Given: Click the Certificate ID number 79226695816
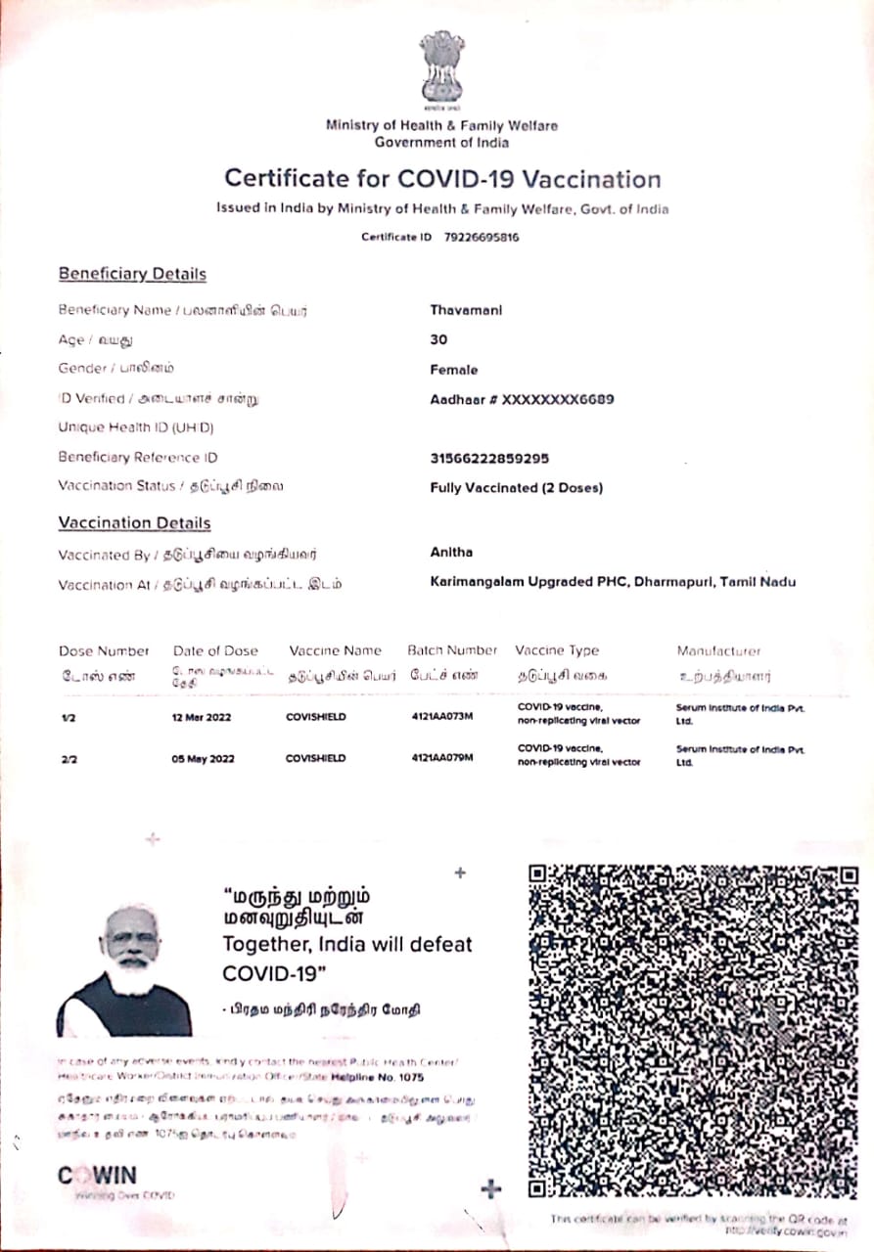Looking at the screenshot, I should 482,237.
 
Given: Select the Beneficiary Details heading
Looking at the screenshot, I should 132,274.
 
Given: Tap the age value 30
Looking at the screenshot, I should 438,339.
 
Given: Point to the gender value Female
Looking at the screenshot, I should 454,370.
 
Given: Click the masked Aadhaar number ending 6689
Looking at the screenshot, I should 523,399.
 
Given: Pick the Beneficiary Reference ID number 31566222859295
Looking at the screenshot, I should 489,458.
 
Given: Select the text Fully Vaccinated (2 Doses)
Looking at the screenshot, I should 516,487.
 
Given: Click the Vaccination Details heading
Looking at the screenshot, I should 134,523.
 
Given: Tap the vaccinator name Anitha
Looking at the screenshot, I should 451,553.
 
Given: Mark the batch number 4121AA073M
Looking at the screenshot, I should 442,717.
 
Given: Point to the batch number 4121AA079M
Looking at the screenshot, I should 442,758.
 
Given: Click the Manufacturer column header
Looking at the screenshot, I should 718,650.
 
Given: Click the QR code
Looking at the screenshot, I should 693,1032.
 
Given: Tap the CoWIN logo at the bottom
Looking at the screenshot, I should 98,1176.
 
